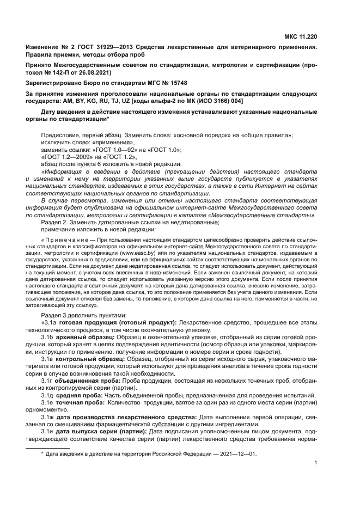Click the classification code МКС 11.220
(x=301, y=37)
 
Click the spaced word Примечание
(x=61, y=240)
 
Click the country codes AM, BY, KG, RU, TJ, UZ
(x=97, y=101)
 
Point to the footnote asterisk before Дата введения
(x=42, y=453)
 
